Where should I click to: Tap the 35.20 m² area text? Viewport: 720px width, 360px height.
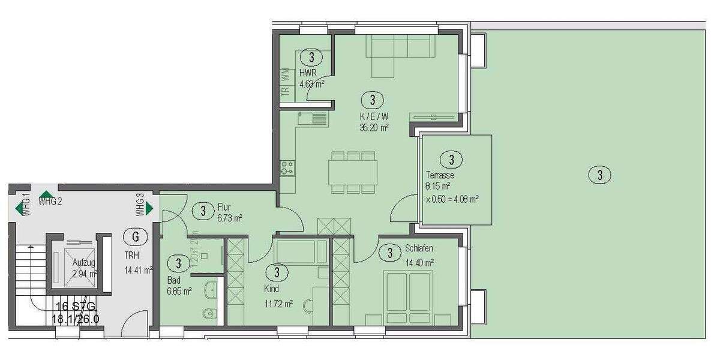point(373,127)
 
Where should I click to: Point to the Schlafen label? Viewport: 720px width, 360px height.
point(419,248)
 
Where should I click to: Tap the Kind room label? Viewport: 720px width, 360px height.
point(271,289)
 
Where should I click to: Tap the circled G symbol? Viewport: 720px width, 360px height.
point(136,236)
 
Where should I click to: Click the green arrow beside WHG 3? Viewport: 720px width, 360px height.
point(149,208)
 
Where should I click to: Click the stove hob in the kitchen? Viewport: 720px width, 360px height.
point(286,167)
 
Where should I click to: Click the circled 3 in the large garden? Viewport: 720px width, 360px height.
point(599,175)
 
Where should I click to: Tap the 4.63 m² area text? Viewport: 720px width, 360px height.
point(312,84)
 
